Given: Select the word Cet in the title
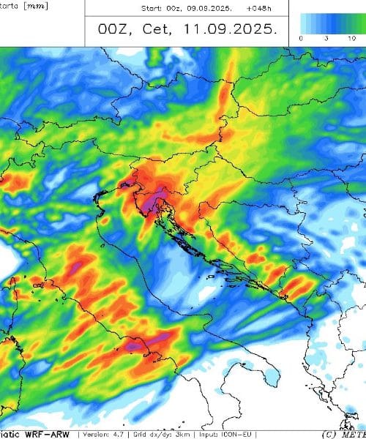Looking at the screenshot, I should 165,31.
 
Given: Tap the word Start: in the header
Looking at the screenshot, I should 153,10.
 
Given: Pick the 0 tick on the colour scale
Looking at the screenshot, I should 302,36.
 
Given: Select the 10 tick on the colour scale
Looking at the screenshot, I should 352,36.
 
